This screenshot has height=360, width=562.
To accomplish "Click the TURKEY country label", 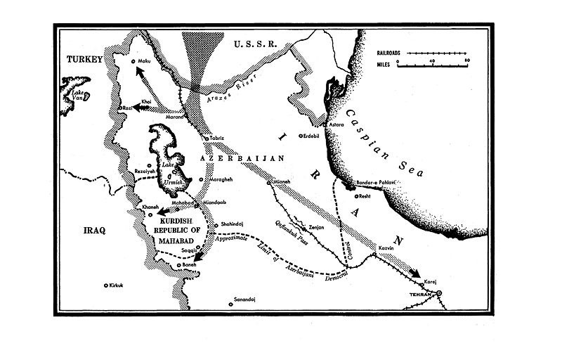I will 84,61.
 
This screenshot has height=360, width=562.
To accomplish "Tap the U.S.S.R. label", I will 255,44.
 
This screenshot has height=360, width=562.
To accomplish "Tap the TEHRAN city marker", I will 439,292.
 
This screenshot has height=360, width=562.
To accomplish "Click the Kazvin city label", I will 384,250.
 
